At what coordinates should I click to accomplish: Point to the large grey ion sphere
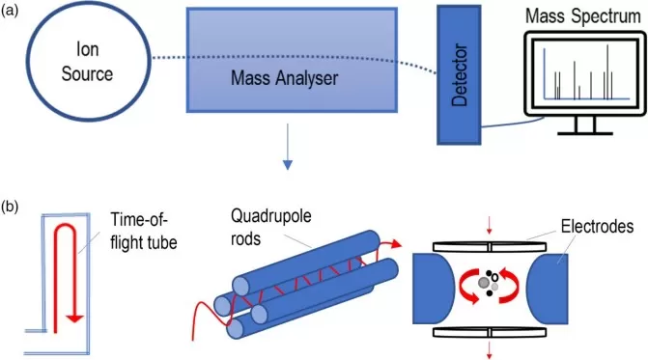pyautogui.click(x=483, y=283)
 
